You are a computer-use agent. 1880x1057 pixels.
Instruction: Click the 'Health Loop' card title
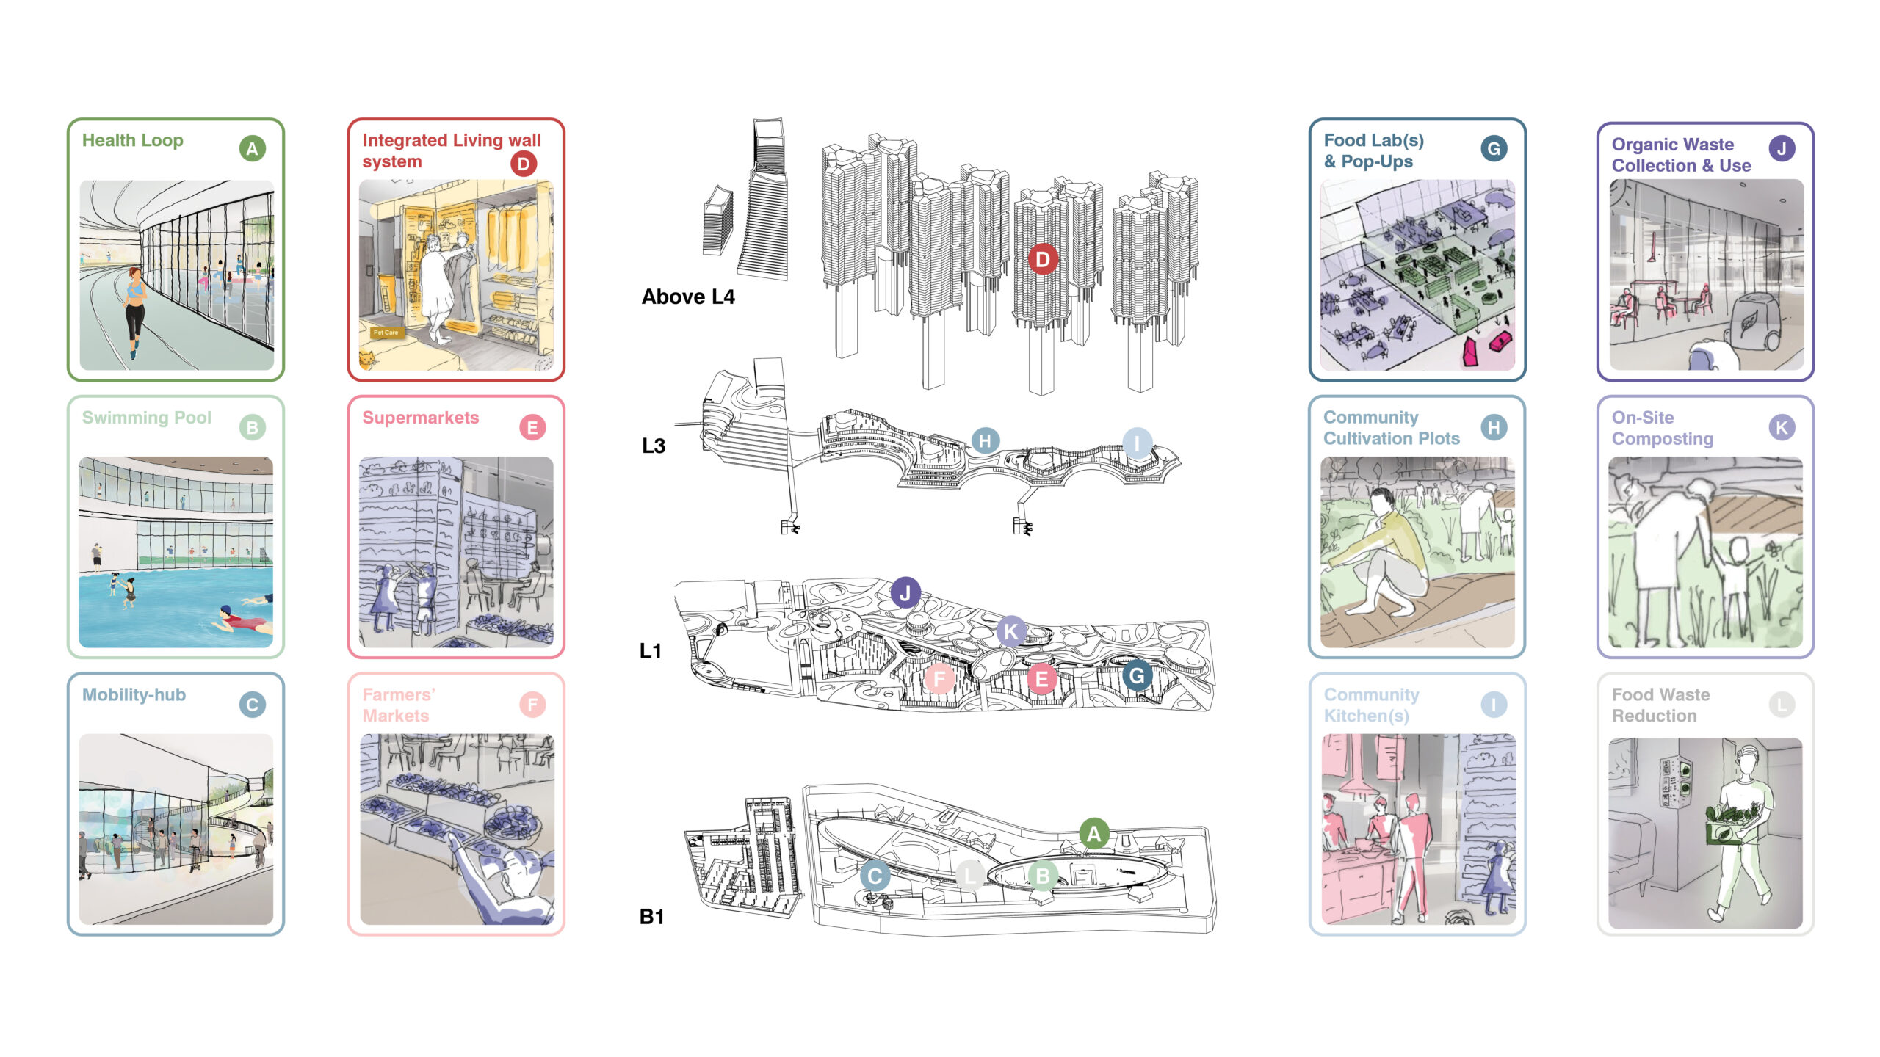pos(132,140)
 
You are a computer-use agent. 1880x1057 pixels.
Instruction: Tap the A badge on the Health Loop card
pos(252,149)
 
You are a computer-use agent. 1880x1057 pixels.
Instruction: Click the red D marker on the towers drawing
pos(1043,259)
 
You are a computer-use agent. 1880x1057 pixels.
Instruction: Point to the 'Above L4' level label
pos(687,297)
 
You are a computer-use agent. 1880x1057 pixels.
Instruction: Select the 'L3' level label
pos(653,446)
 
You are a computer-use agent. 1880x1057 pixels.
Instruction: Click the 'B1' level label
pos(651,916)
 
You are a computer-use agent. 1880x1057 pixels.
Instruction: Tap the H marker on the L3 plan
pos(985,440)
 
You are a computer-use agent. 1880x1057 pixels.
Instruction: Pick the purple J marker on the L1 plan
pos(905,592)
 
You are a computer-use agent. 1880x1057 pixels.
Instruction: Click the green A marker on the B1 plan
pos(1093,833)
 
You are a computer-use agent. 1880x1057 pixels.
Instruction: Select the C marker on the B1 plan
pos(875,876)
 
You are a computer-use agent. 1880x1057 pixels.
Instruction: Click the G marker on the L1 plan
pos(1136,675)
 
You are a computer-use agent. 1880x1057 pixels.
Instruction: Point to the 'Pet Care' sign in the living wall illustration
pos(386,333)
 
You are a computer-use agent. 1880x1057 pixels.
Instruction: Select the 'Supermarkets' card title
pos(420,418)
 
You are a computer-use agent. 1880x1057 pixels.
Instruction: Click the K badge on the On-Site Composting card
pos(1782,427)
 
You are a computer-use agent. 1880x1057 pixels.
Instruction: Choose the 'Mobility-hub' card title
pos(134,694)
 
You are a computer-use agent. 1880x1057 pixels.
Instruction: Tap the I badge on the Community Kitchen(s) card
pos(1493,705)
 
